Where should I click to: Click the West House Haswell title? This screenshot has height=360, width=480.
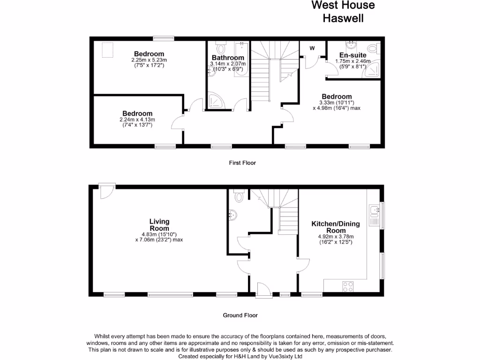344,12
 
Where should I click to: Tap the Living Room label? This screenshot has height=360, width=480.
159,225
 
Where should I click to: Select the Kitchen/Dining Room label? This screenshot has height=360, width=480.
336,227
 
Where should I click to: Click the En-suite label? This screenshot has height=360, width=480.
352,55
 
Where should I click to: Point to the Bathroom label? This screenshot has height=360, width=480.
226,58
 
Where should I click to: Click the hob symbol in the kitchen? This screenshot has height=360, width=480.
348,285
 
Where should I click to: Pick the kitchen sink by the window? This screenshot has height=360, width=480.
374,215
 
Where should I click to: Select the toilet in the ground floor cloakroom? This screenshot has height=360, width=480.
239,195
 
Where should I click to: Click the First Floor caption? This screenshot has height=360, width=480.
242,163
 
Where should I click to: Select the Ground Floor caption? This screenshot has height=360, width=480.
240,315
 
